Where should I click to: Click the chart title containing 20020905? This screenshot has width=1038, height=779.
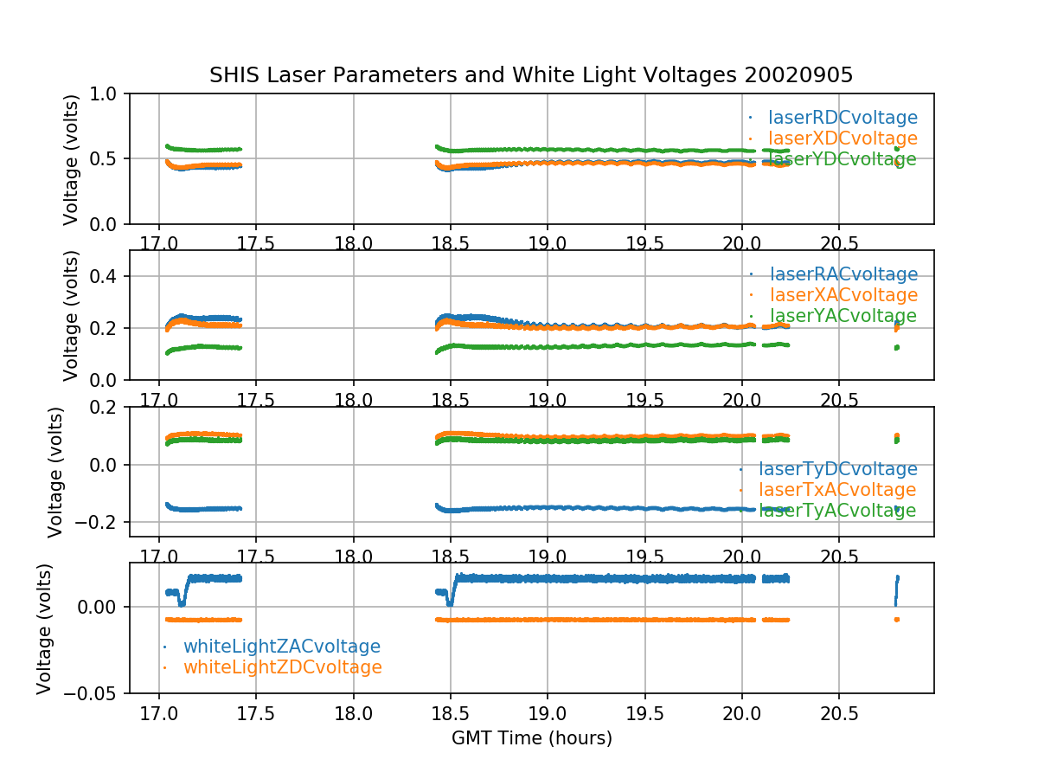click(531, 75)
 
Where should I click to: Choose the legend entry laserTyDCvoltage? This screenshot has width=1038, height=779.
click(837, 469)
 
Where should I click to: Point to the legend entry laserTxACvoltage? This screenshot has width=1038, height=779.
click(836, 490)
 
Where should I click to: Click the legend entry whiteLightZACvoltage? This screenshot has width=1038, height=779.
click(281, 647)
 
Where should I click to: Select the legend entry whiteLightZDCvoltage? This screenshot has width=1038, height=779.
click(282, 667)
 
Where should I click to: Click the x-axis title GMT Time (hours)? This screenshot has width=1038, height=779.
click(531, 738)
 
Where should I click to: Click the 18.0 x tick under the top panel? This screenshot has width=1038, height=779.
click(353, 242)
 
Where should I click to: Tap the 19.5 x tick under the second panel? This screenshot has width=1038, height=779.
click(644, 399)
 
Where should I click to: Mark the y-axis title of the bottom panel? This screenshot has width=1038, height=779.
click(45, 628)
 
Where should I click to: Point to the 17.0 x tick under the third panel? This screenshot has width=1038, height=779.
click(158, 555)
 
